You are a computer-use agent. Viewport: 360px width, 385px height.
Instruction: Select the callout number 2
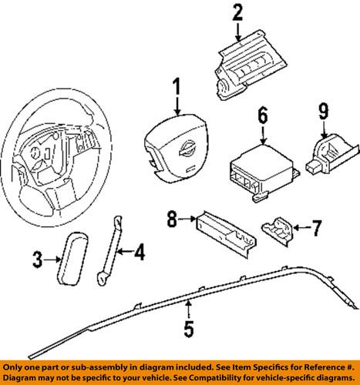(x=237, y=12)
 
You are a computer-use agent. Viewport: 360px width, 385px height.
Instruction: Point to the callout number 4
(x=140, y=250)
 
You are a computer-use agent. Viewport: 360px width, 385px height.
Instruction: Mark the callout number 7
(x=315, y=229)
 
